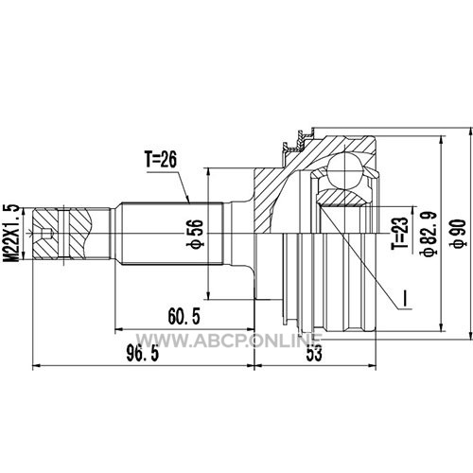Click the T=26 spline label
pyautogui.click(x=161, y=159)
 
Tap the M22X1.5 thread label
pyautogui.click(x=10, y=233)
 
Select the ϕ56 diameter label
pyautogui.click(x=196, y=234)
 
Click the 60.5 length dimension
pyautogui.click(x=184, y=316)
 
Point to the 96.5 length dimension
pyautogui.click(x=143, y=353)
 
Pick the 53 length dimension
pyautogui.click(x=314, y=353)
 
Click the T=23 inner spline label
pyautogui.click(x=399, y=234)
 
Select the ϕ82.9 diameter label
pyautogui.click(x=429, y=233)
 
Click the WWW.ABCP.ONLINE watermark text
pyautogui.click(x=228, y=341)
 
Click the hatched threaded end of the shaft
pyautogui.click(x=61, y=234)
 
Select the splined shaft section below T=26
pyautogui.click(x=173, y=234)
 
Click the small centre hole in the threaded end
pyautogui.click(x=46, y=234)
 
